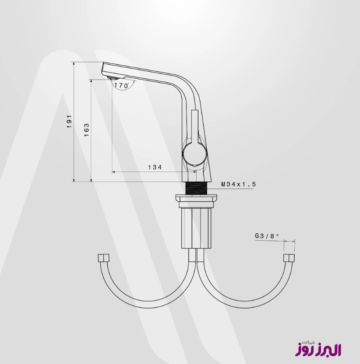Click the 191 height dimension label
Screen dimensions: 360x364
point(69,121)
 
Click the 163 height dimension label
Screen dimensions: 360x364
point(86,130)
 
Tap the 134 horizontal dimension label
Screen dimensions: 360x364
point(155,167)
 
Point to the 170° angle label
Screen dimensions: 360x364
point(122,85)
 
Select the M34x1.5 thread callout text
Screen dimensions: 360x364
point(238,184)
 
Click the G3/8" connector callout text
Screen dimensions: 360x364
point(267,236)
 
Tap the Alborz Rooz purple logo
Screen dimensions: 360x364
point(318,348)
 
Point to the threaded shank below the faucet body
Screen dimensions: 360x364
point(196,188)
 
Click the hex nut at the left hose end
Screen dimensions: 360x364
point(103,258)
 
